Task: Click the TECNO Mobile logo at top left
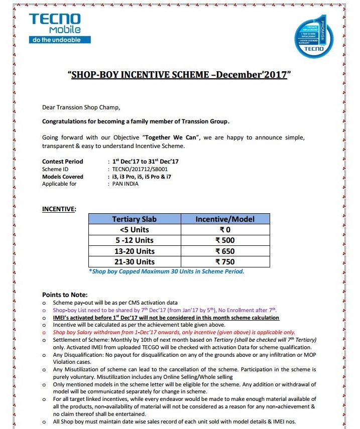55,28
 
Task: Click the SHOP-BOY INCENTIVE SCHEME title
179,75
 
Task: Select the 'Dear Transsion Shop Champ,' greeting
81,107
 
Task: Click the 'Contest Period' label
63,162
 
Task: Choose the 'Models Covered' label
63,177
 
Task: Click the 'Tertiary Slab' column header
134,219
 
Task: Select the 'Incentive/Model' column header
224,219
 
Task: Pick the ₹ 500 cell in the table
224,240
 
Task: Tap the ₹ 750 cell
224,262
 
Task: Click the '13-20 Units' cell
134,251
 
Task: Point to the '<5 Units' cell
134,230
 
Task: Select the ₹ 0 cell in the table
224,230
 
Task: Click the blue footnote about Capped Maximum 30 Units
166,271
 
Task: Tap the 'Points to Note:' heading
65,295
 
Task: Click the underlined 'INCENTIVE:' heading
59,209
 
